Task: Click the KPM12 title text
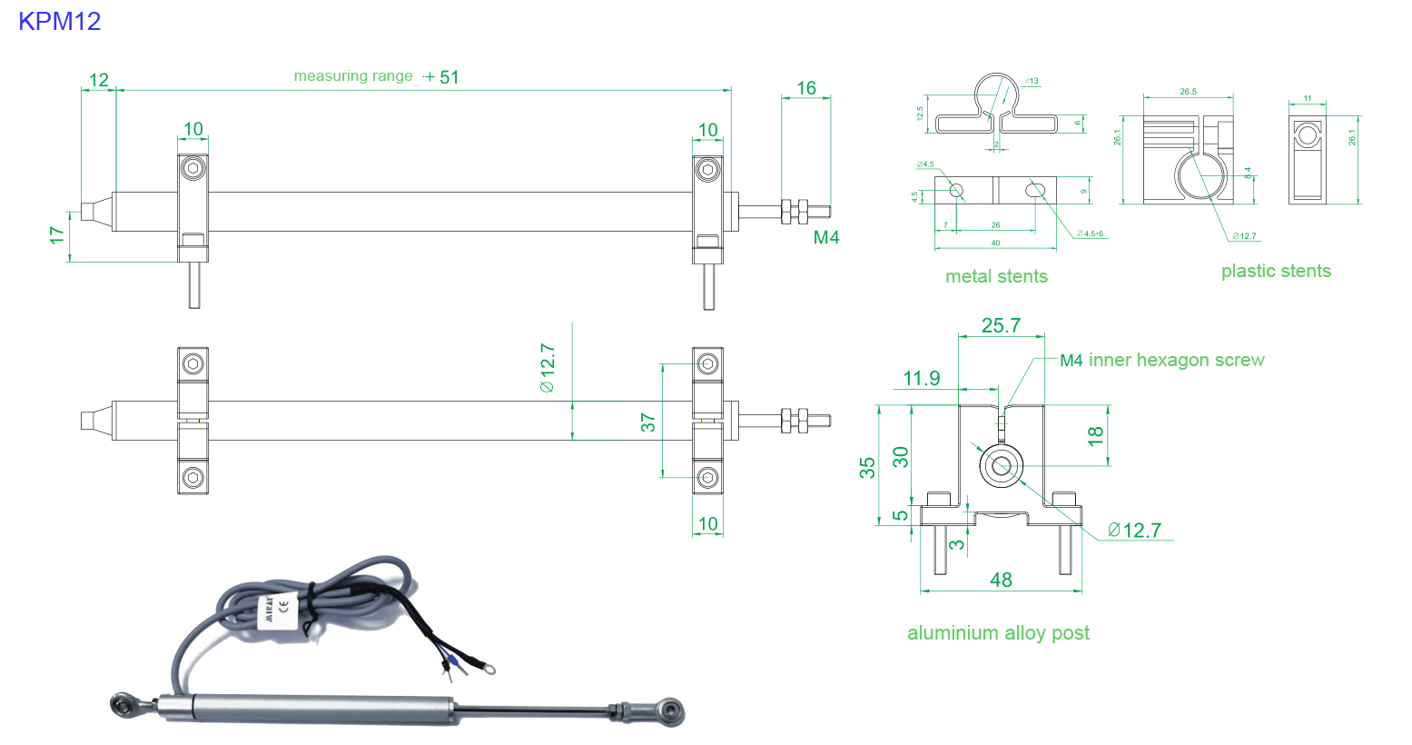59,21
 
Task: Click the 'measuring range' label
353,76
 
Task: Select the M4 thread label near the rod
825,238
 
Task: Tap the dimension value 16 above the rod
805,88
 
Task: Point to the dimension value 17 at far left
57,235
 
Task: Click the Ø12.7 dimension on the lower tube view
547,368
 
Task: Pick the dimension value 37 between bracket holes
647,422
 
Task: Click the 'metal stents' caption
996,276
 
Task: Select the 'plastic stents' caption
1275,271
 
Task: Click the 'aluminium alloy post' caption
998,632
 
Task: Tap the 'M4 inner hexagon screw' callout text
1162,360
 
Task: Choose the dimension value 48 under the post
1001,580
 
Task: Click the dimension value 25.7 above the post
1001,325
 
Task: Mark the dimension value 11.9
921,378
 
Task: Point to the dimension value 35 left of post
868,467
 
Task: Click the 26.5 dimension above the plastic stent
1188,92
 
